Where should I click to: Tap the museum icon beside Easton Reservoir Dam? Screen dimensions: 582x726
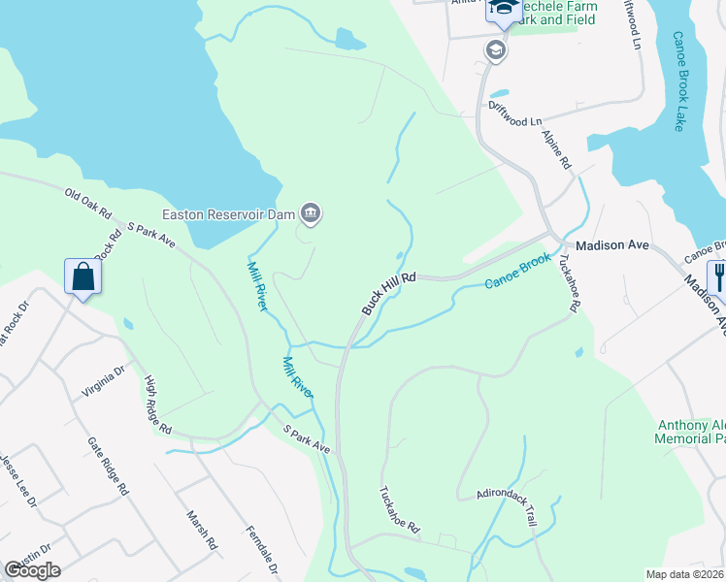click(311, 211)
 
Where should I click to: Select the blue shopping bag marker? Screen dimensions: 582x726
click(84, 277)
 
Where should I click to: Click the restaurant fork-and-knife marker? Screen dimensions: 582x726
click(718, 277)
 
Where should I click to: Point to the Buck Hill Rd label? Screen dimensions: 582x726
click(389, 292)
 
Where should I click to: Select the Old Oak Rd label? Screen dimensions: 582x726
click(89, 202)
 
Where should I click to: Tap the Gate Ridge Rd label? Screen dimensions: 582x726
click(108, 465)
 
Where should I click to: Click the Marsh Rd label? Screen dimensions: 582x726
click(202, 530)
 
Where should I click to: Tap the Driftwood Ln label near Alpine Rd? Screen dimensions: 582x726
click(514, 113)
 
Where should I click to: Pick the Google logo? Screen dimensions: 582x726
click(32, 570)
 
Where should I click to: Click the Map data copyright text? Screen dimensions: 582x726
click(685, 574)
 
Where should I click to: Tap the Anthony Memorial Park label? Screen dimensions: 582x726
click(691, 432)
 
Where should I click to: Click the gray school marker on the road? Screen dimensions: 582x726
click(496, 50)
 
